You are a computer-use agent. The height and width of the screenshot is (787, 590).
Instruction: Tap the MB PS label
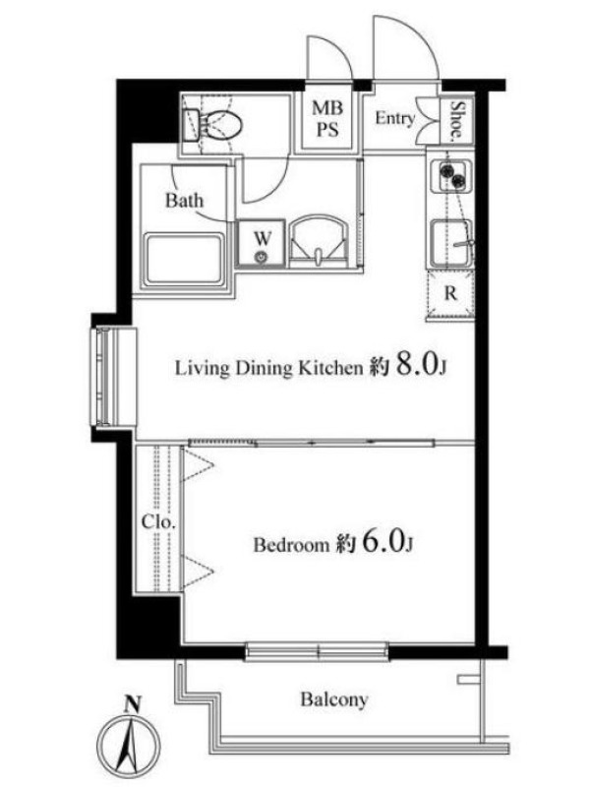tap(327, 119)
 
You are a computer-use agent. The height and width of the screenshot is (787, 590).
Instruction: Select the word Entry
tap(395, 118)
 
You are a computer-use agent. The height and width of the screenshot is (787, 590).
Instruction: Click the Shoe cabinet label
tap(457, 119)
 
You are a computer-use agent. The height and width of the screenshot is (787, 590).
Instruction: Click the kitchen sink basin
tap(451, 243)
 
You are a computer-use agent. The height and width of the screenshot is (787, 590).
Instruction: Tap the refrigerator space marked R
tap(450, 294)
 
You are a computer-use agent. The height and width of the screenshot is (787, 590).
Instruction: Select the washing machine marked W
tap(262, 243)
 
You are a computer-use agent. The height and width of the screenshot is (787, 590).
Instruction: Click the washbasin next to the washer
tap(319, 241)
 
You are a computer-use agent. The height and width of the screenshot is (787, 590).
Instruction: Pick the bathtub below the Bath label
tap(185, 260)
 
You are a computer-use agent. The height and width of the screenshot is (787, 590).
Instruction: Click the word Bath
tap(185, 201)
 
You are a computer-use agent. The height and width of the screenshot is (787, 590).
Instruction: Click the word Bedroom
tap(291, 544)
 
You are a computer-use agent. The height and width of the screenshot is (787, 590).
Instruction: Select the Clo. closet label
tap(158, 522)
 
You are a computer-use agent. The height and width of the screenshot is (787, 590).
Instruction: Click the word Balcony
tap(334, 699)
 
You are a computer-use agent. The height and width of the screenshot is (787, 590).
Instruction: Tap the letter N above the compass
tap(132, 703)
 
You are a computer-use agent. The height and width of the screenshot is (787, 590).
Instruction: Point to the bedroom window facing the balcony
tap(317, 651)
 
